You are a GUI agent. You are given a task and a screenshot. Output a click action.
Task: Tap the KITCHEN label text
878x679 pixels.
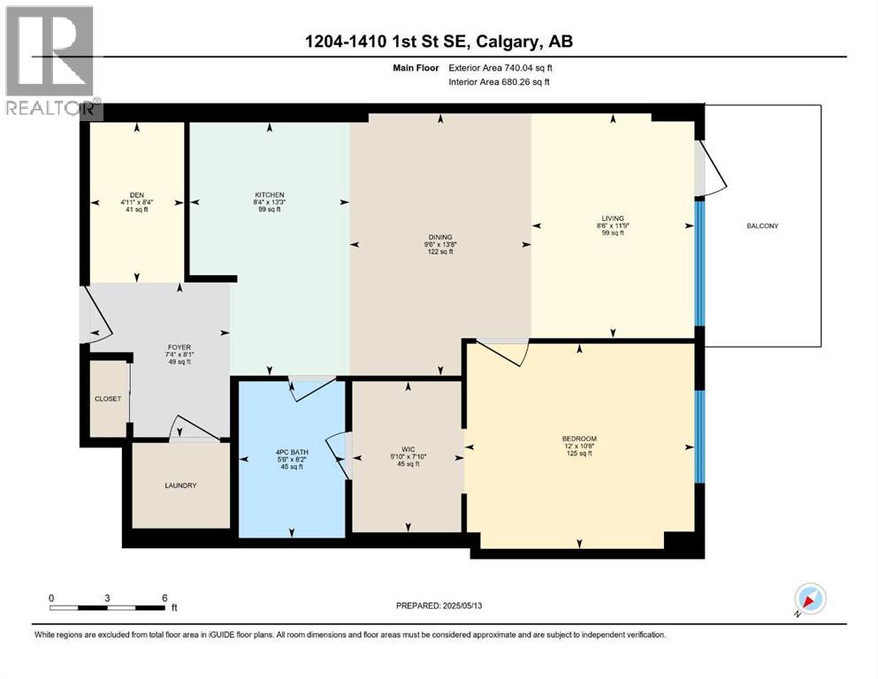(x=269, y=195)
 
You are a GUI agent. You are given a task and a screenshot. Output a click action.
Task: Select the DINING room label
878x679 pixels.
(x=440, y=237)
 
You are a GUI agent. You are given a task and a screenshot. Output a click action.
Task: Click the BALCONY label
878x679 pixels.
(x=761, y=226)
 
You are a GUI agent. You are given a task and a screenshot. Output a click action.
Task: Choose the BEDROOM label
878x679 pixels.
(x=579, y=439)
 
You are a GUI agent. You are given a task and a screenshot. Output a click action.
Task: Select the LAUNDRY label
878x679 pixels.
(x=180, y=485)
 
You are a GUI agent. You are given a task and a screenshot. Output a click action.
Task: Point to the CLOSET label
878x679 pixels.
(x=108, y=399)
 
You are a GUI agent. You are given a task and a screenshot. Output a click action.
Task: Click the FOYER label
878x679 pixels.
(x=179, y=347)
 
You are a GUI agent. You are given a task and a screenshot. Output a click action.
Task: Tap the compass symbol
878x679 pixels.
(x=810, y=599)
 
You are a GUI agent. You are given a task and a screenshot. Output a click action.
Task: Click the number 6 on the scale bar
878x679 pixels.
(x=164, y=598)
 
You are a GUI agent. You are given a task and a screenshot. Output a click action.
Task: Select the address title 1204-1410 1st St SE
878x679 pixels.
(x=439, y=42)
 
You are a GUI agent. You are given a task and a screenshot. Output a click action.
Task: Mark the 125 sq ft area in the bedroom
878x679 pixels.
(x=579, y=454)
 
